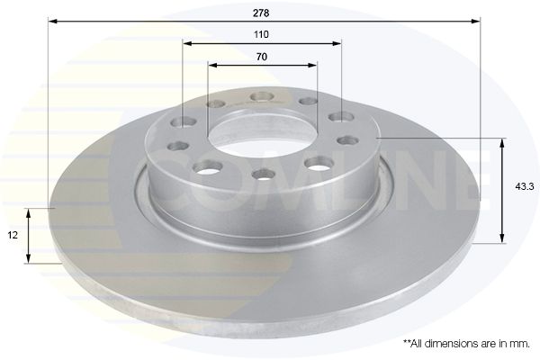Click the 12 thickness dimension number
(x=13, y=235)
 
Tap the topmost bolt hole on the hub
(x=261, y=96)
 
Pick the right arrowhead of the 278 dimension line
(x=476, y=19)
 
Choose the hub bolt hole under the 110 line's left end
(x=187, y=122)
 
